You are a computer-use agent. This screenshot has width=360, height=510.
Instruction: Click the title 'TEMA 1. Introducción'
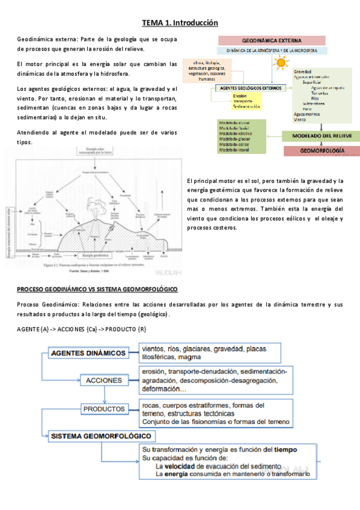point(180,23)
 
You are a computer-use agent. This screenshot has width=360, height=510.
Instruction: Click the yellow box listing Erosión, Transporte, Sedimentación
point(246,101)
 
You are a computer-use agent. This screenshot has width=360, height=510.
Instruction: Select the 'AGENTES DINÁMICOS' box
point(88,353)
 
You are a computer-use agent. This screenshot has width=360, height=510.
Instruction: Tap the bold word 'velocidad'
point(180,466)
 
